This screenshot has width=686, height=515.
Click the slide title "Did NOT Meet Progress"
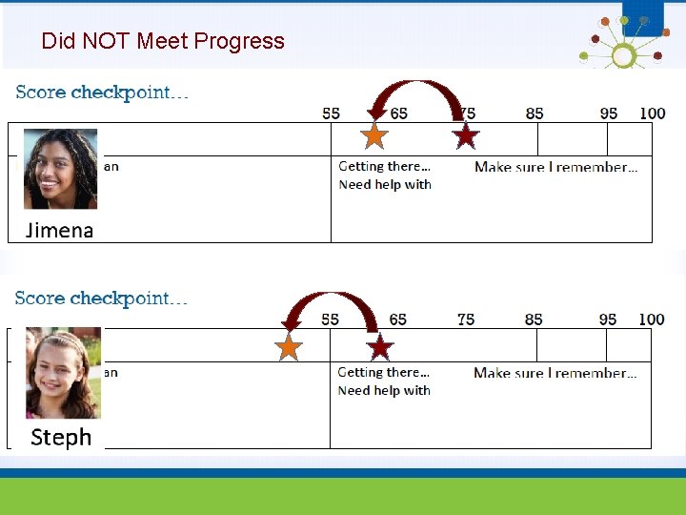click(x=163, y=41)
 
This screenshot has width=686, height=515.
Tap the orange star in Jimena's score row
click(x=375, y=136)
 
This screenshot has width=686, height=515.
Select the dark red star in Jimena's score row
click(x=465, y=136)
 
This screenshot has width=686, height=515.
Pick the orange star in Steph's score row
click(x=289, y=347)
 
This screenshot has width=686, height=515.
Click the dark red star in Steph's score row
click(x=380, y=347)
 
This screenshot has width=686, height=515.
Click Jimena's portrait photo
click(x=60, y=169)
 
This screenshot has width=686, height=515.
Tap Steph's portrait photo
click(x=63, y=373)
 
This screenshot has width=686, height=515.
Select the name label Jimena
click(x=59, y=230)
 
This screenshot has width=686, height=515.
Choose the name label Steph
click(x=61, y=437)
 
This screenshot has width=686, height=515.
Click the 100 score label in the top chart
click(x=653, y=113)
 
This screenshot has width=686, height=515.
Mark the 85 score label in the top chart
click(x=535, y=113)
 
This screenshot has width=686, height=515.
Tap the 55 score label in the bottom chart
click(x=330, y=319)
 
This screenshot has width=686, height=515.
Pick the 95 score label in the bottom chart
click(x=608, y=319)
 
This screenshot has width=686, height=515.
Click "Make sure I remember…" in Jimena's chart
click(x=555, y=167)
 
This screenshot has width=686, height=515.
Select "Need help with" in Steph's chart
click(x=384, y=390)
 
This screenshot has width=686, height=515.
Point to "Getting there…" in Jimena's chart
click(x=384, y=166)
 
